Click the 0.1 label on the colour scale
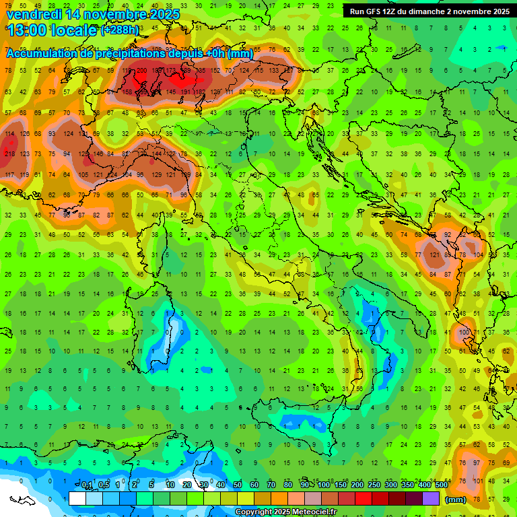(x=87, y=485)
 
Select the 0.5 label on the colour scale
(x=104, y=485)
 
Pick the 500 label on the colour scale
(x=441, y=485)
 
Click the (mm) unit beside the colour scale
(x=456, y=499)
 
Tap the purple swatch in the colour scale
(x=431, y=498)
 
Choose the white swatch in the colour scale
(x=77, y=498)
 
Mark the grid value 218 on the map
(x=9, y=153)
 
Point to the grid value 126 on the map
(x=24, y=133)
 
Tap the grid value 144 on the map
(x=156, y=153)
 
